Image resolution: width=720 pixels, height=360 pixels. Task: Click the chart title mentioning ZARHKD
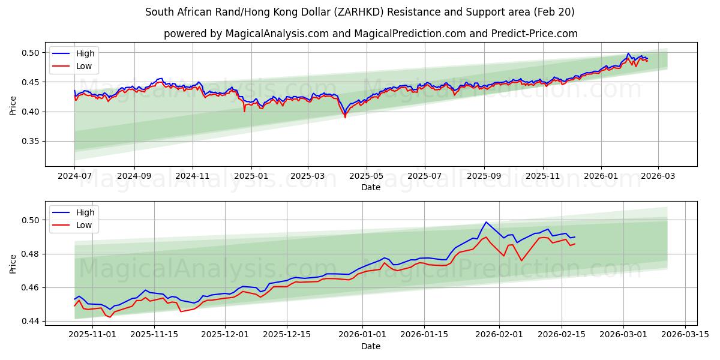click(x=360, y=12)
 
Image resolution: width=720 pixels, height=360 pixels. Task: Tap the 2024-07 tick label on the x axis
click(x=74, y=176)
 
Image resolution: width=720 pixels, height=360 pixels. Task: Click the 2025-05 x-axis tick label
click(x=365, y=176)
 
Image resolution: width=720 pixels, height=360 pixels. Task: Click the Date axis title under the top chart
click(x=371, y=187)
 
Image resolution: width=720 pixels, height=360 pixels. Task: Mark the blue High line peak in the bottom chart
click(x=486, y=222)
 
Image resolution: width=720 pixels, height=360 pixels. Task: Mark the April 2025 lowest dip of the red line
click(x=345, y=117)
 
